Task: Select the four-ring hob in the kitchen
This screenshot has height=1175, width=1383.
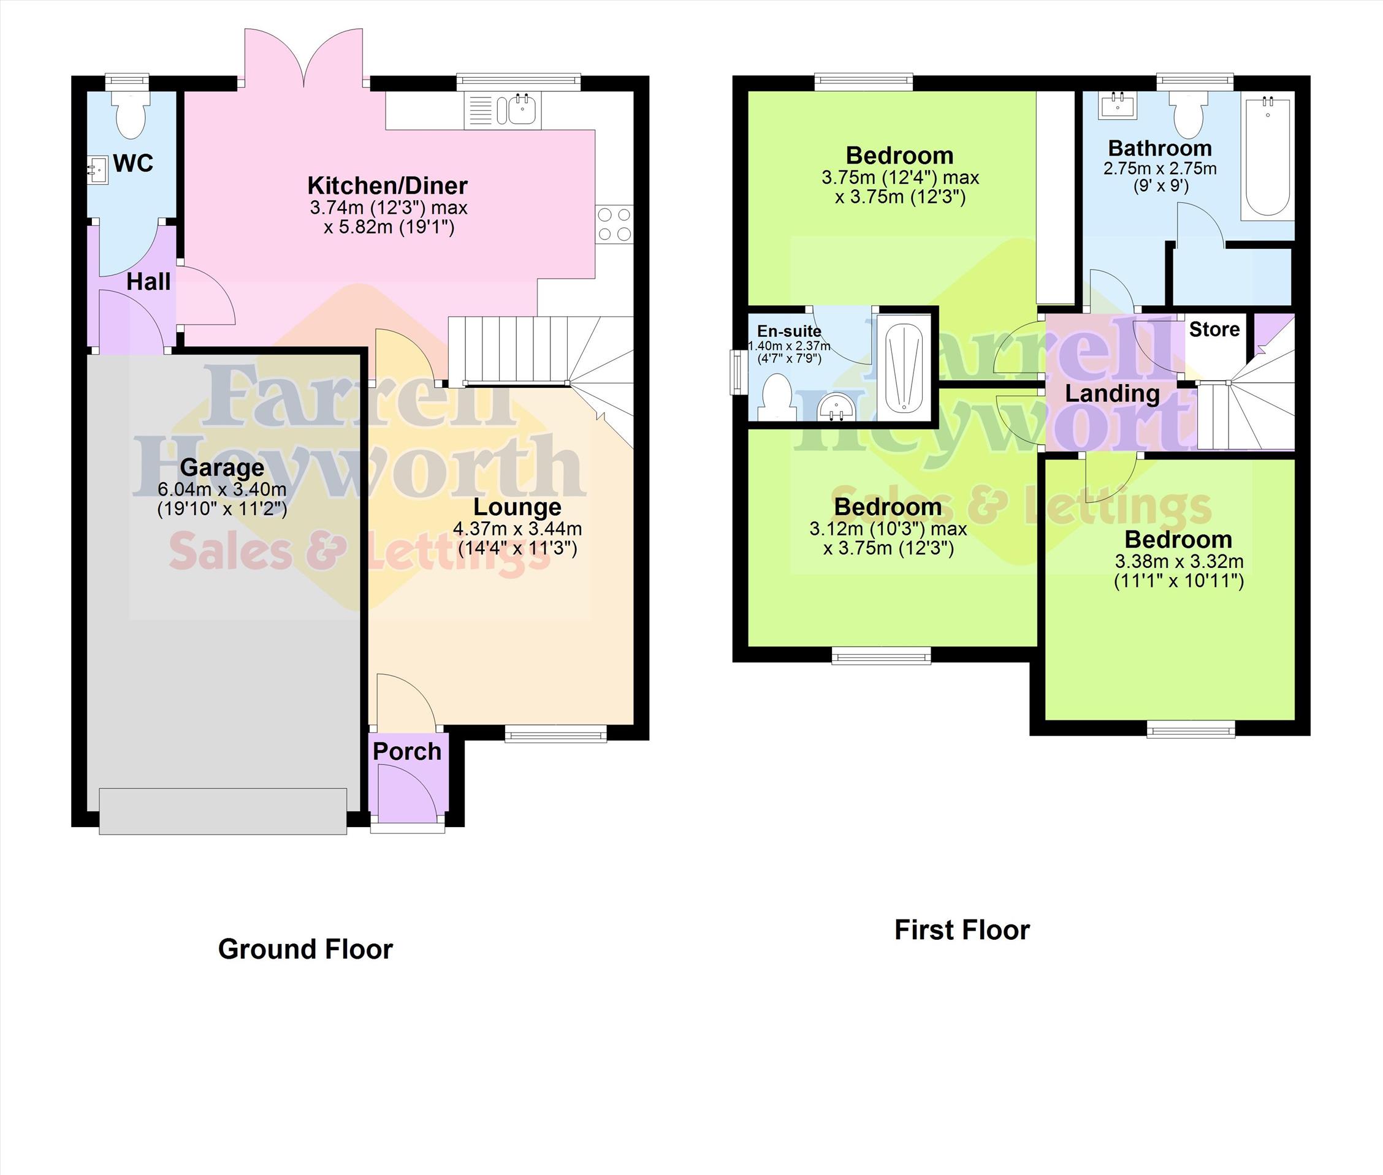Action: pos(614,224)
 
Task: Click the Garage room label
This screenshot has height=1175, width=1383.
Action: pos(222,467)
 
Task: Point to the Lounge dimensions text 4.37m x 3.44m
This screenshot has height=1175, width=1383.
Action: pos(517,529)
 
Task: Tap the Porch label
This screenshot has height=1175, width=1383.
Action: pos(406,751)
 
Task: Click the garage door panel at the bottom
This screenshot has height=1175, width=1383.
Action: pos(223,811)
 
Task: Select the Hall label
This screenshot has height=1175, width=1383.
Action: pos(148,282)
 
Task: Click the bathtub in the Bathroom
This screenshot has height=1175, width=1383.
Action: pos(1267,158)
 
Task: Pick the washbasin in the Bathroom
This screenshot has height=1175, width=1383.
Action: pos(1118,105)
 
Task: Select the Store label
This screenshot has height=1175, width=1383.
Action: pos(1214,329)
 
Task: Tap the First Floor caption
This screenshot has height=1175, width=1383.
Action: pos(962,930)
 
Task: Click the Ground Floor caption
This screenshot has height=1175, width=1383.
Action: pos(305,949)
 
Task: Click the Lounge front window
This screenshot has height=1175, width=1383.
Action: pos(556,734)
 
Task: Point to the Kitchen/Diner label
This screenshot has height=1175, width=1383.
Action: pos(387,185)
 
